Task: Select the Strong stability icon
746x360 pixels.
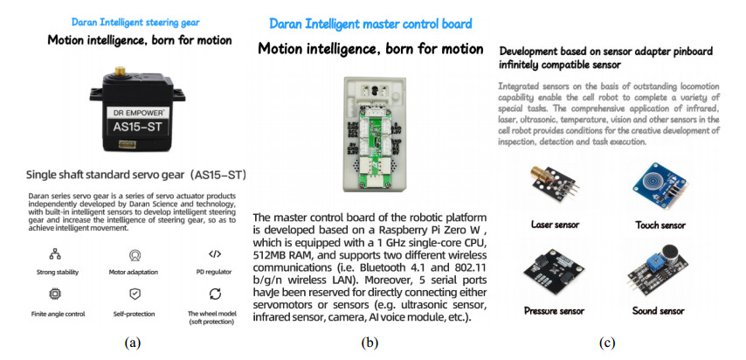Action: [54, 254]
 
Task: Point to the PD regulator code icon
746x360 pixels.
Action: [214, 254]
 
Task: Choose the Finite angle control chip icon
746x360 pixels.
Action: [54, 294]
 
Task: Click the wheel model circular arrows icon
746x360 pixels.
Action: [214, 294]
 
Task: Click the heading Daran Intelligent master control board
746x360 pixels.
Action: [371, 24]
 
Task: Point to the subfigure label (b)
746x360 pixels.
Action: [371, 343]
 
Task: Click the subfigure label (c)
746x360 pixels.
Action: [606, 343]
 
